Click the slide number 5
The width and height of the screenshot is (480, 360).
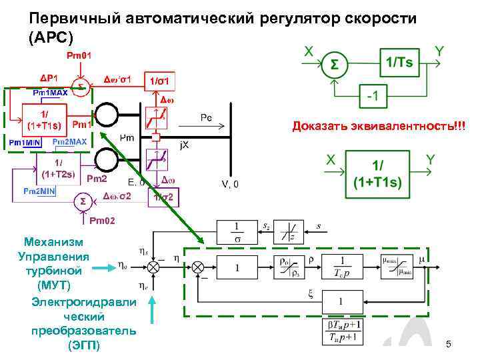pos(449,344)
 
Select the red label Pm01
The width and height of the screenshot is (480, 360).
pos(79,55)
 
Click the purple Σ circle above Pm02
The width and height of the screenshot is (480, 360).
pos(82,201)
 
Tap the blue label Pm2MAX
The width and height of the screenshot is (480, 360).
pos(69,143)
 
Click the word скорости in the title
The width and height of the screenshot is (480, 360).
pos(370,18)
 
